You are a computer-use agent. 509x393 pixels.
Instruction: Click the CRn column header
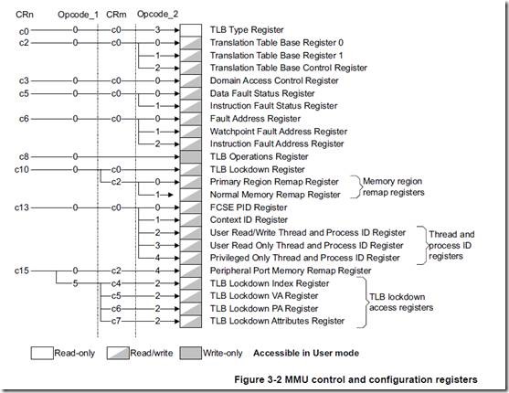coord(25,15)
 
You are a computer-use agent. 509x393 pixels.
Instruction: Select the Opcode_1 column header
coord(78,15)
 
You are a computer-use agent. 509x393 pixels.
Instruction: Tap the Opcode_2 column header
coord(157,15)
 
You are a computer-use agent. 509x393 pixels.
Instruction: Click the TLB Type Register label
coord(247,30)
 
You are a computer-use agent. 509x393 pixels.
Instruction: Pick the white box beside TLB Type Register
coord(191,30)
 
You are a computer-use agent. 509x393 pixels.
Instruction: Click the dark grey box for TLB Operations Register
coord(191,157)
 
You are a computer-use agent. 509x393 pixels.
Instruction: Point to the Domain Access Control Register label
coord(274,80)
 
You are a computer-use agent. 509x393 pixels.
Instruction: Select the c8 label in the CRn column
coord(24,157)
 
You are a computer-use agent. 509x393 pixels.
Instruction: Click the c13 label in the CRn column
coord(22,207)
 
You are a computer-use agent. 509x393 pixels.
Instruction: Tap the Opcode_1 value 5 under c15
coord(75,283)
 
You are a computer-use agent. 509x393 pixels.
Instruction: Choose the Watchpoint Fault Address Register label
coord(279,132)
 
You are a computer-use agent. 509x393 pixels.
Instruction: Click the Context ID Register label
coord(249,220)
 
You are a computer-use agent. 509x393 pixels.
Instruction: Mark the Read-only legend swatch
coord(42,353)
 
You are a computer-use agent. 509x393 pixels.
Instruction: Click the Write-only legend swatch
coord(191,353)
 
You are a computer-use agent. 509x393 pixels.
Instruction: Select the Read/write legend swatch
coord(118,353)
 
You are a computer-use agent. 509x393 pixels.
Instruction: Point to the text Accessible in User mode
coord(306,353)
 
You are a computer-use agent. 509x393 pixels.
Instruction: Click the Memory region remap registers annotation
coord(394,186)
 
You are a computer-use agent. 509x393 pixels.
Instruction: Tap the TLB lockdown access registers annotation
coord(401,302)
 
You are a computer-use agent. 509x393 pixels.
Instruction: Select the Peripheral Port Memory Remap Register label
coord(291,271)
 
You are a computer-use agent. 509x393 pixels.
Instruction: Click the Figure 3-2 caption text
coord(355,379)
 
